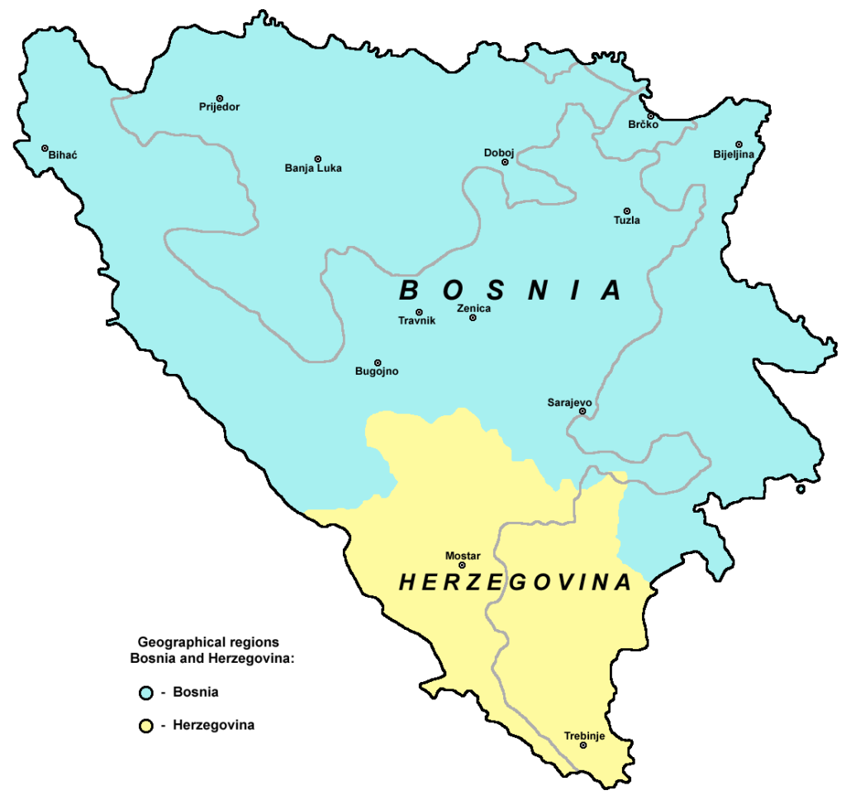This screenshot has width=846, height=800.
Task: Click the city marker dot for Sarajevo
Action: pyautogui.click(x=582, y=411)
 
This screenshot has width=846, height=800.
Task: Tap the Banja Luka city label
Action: pyautogui.click(x=313, y=168)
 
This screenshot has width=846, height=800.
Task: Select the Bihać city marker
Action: pyautogui.click(x=45, y=148)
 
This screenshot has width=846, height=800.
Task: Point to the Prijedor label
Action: pyautogui.click(x=219, y=107)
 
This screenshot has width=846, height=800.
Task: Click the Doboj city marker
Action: pyautogui.click(x=505, y=163)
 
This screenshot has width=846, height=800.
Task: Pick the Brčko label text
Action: pyautogui.click(x=643, y=125)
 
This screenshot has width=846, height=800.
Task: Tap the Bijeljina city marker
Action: pyautogui.click(x=739, y=144)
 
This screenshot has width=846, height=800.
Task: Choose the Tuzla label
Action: pyautogui.click(x=626, y=220)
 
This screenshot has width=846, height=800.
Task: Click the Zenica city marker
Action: pyautogui.click(x=473, y=318)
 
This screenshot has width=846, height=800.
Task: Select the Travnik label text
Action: pyautogui.click(x=416, y=320)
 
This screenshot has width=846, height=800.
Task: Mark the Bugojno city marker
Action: pyautogui.click(x=378, y=362)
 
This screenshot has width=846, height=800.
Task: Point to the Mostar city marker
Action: pyautogui.click(x=462, y=566)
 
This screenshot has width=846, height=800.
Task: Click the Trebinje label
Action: pyautogui.click(x=584, y=735)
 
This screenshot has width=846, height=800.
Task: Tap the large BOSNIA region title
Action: pyautogui.click(x=511, y=290)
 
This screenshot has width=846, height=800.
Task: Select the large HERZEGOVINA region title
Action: pyautogui.click(x=516, y=583)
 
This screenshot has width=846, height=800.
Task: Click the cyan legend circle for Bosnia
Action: pyautogui.click(x=145, y=692)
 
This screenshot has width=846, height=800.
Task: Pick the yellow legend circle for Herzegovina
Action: pyautogui.click(x=145, y=727)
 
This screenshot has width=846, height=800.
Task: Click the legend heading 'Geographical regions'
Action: pyautogui.click(x=208, y=641)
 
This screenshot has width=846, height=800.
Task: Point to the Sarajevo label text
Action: pyautogui.click(x=569, y=402)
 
